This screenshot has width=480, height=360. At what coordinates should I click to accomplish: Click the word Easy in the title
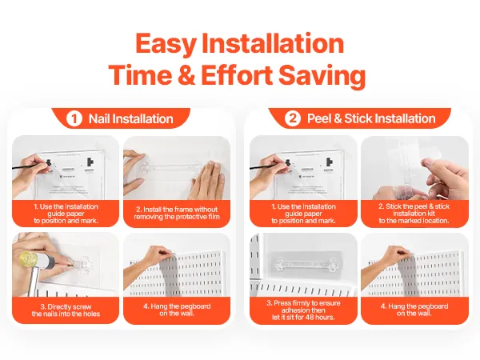coord(165,44)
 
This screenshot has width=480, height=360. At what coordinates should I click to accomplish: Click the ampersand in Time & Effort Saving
coord(186,75)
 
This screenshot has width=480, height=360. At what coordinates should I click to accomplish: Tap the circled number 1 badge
coord(74,118)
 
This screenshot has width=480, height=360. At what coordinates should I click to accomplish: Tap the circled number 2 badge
coord(293,118)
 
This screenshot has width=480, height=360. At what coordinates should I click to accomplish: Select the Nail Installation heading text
coord(130,118)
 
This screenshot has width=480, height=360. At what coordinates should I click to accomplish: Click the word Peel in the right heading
coord(319,118)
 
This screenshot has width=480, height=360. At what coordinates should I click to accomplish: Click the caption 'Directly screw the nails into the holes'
coord(66,310)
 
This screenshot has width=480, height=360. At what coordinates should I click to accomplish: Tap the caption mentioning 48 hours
coord(303,310)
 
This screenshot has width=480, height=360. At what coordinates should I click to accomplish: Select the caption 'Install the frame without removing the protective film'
coord(177,213)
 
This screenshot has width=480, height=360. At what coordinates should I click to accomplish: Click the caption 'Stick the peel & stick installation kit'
coord(414,214)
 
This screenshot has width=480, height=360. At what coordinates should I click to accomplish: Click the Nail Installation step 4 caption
coord(177,310)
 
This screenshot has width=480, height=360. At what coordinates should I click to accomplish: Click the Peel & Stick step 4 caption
coord(414,310)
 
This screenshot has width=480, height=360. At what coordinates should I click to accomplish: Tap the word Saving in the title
coord(322,76)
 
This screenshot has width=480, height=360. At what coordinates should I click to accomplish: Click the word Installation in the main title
coord(273,44)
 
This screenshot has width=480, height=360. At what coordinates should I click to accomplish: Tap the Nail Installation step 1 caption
coord(66,214)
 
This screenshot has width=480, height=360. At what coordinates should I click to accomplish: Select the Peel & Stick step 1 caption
coord(303,214)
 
